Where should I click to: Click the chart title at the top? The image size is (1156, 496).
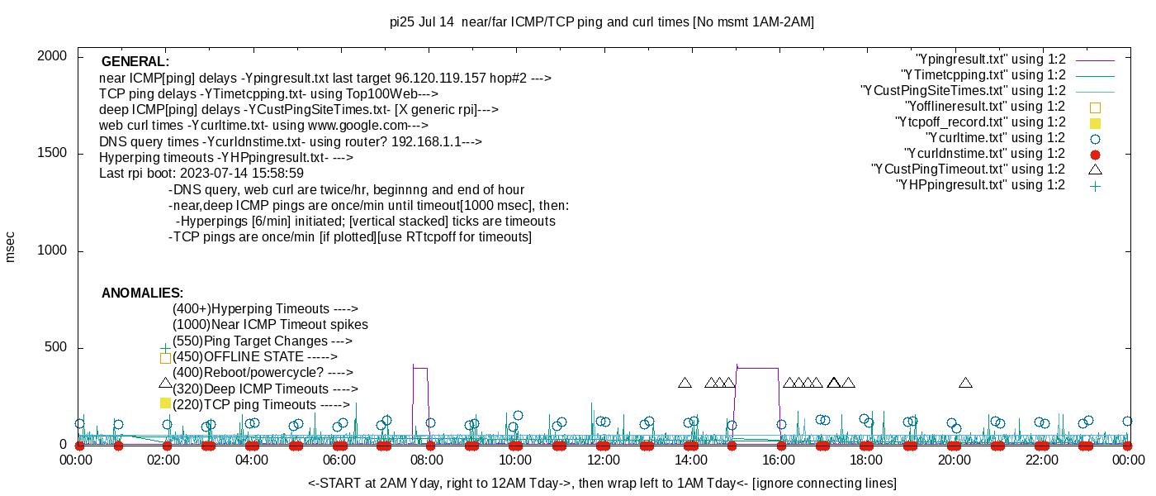(602, 22)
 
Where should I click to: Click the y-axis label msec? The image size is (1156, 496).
(11, 246)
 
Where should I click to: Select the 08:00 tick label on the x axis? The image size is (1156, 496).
(428, 460)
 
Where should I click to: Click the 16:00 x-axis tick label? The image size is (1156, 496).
(778, 460)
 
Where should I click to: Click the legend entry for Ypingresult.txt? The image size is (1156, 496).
(991, 60)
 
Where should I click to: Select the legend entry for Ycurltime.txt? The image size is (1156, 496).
(995, 138)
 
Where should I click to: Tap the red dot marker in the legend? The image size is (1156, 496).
(1096, 155)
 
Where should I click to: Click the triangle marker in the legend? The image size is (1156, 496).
(1096, 169)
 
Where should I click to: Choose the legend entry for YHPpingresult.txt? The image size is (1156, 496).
(980, 185)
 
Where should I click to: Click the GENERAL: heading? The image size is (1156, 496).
(135, 62)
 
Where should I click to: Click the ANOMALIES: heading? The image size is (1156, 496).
(142, 293)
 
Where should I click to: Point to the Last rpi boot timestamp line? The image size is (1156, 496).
(201, 174)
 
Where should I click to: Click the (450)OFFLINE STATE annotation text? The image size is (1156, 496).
(255, 357)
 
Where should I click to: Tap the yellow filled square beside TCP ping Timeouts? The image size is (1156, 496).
(165, 403)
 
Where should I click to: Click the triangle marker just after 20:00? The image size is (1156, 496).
(965, 383)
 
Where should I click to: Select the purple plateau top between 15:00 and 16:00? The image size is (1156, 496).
(757, 368)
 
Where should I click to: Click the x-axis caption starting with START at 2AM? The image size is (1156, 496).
(602, 483)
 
